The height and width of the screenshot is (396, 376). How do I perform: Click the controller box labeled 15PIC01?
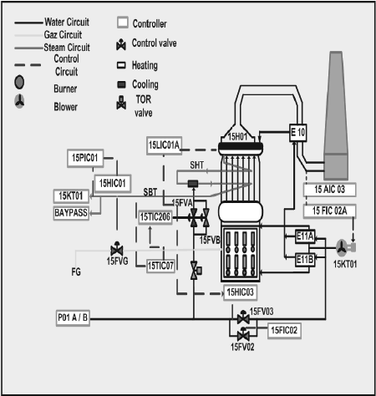(x=86, y=157)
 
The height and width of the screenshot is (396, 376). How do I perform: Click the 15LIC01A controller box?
(x=169, y=145)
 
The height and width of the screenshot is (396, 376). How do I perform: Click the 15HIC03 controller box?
(x=245, y=292)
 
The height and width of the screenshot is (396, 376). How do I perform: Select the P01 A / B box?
(x=78, y=317)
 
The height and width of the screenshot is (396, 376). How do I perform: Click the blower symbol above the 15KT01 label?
(x=340, y=246)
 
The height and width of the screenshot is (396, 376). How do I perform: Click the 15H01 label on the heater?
(x=239, y=137)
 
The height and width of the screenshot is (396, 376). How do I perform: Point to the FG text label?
(x=77, y=272)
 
